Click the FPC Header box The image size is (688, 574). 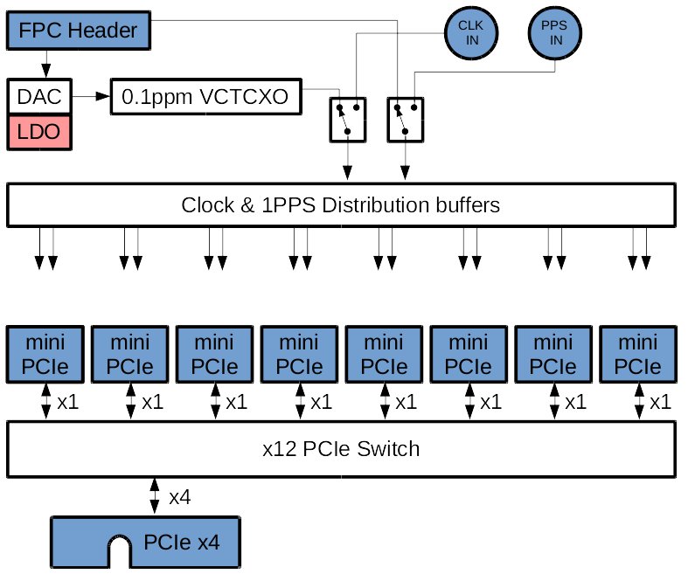pyautogui.click(x=79, y=31)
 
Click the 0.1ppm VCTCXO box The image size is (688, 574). pyautogui.click(x=205, y=96)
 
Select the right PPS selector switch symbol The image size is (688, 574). pyautogui.click(x=405, y=118)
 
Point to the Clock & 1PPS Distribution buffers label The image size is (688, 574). pyautogui.click(x=340, y=206)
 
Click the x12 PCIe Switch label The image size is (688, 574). pyautogui.click(x=340, y=449)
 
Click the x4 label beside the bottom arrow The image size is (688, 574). pyautogui.click(x=180, y=498)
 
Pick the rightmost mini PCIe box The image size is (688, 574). pyautogui.click(x=638, y=353)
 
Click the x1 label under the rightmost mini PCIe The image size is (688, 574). pyautogui.click(x=661, y=402)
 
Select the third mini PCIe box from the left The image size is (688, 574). pyautogui.click(x=213, y=353)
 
